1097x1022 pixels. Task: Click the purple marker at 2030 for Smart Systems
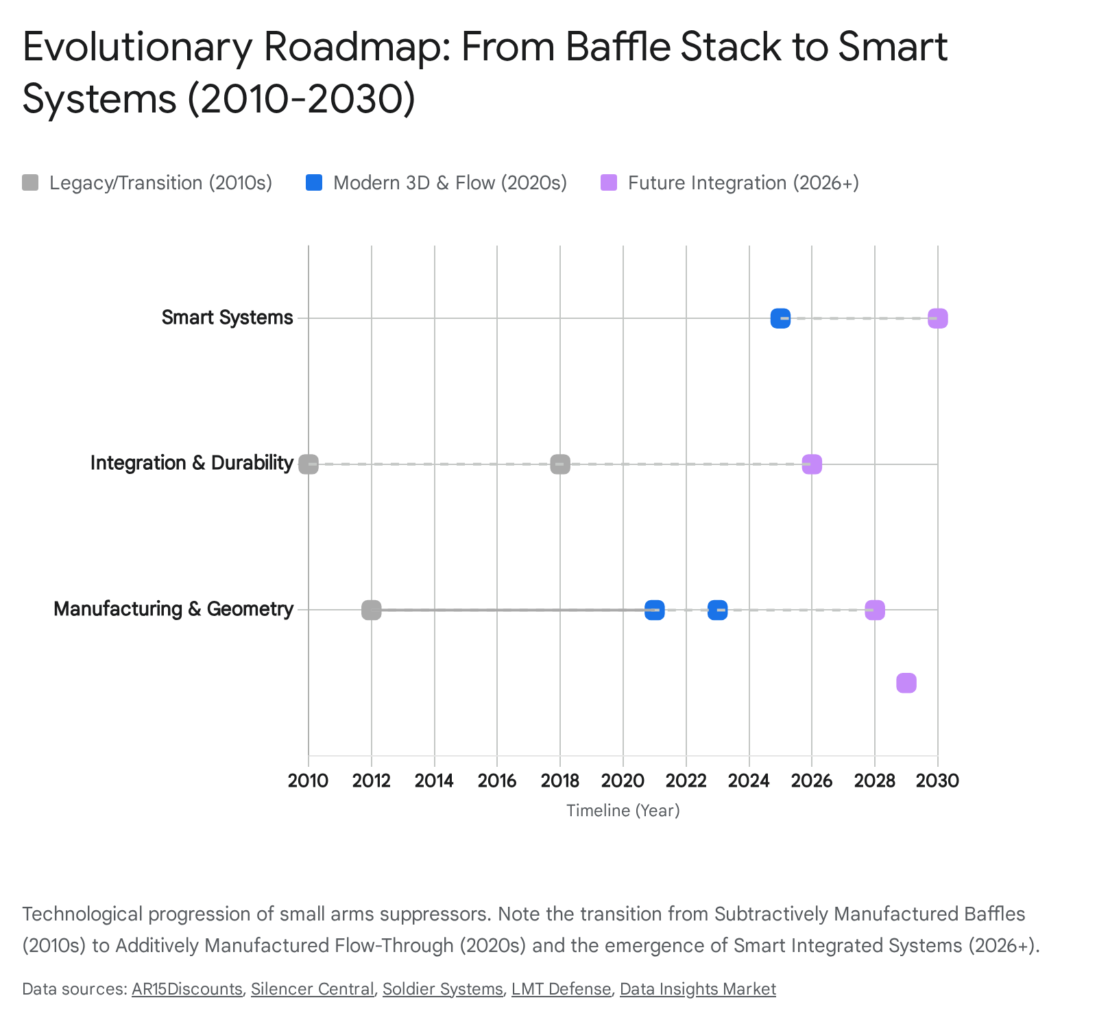(937, 318)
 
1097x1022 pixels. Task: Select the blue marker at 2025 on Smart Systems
(780, 318)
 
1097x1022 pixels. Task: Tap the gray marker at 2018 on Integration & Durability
(560, 464)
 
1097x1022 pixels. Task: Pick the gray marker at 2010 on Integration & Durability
(309, 464)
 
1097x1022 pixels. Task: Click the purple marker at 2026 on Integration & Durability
(812, 464)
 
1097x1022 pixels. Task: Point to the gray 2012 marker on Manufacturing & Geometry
(371, 610)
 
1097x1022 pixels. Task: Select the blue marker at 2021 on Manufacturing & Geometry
(654, 610)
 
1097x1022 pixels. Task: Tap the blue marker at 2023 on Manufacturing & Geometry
(717, 610)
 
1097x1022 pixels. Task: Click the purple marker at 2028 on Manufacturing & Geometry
(874, 610)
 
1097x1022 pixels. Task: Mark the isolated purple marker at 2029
(906, 683)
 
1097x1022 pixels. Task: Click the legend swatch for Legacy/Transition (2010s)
(30, 182)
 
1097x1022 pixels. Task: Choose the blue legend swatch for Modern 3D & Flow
(314, 182)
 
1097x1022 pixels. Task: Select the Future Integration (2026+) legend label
(743, 183)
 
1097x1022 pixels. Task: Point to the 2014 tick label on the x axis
(434, 781)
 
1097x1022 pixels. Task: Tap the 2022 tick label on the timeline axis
(686, 781)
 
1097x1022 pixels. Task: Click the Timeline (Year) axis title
(623, 811)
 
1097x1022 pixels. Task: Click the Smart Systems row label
(227, 318)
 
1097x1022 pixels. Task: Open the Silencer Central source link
(312, 989)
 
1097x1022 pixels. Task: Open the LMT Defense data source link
(561, 989)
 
